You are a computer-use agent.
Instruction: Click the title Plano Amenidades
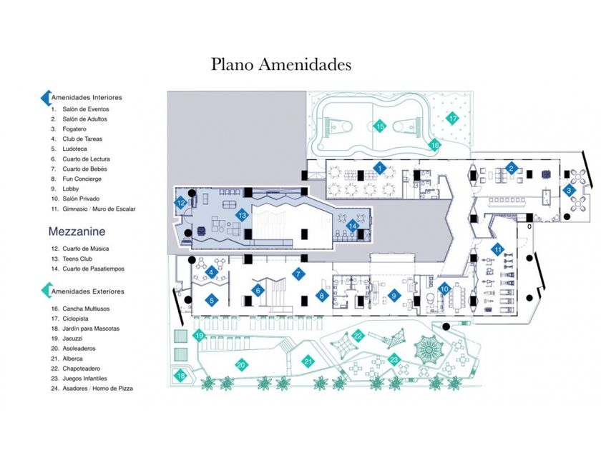coord(281,64)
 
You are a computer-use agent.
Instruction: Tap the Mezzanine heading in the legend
coord(77,231)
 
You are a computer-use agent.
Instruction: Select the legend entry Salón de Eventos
coord(85,109)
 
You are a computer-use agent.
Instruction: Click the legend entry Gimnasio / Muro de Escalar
coord(99,209)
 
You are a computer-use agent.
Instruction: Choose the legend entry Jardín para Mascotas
coord(91,329)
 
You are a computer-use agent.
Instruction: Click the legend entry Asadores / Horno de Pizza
coord(97,389)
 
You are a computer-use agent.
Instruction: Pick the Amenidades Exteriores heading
coord(87,291)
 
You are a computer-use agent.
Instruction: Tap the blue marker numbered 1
coord(381,168)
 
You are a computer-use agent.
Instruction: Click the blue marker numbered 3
coord(569,190)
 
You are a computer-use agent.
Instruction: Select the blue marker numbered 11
coord(497,249)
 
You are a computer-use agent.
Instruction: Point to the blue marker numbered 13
coord(243,214)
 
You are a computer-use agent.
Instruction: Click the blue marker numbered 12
coord(182,204)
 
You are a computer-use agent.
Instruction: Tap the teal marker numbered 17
coord(451,118)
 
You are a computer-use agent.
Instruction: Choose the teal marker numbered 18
coord(181,376)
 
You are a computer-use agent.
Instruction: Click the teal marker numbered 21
coord(308,361)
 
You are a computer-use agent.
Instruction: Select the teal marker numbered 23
coord(394,359)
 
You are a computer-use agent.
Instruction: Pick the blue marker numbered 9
coord(393,295)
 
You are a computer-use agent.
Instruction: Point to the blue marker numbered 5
coord(212,301)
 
